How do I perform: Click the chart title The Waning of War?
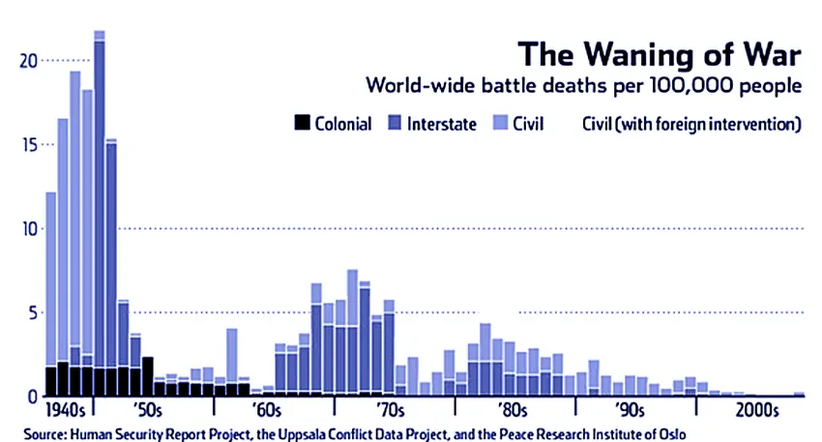(x=660, y=54)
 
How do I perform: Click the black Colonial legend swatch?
(x=301, y=124)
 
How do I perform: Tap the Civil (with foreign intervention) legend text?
(x=691, y=124)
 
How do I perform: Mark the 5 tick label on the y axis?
(x=31, y=313)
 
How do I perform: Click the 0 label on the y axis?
(x=31, y=397)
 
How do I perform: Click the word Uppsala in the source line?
(x=328, y=431)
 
